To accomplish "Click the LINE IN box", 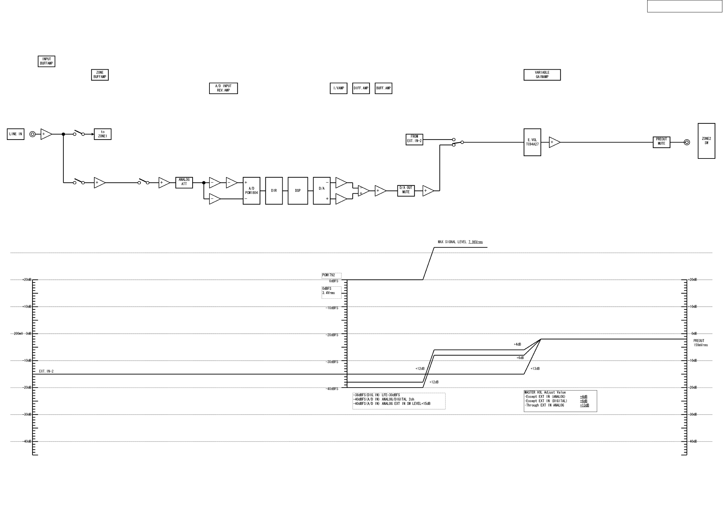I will point(16,134).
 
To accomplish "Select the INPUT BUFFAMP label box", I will point(47,62).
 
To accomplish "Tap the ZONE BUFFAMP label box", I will point(100,75).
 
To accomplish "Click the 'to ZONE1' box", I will point(102,134).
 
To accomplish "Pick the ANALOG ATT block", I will point(184,182).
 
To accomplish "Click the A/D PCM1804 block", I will point(251,191).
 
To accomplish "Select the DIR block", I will point(274,191).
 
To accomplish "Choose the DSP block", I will point(298,191).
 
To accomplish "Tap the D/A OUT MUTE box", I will point(406,190).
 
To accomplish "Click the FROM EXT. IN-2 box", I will point(414,139).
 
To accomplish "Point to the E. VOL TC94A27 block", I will point(532,142).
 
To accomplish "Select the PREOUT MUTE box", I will point(661,142).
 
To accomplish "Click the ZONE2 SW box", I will point(706,141).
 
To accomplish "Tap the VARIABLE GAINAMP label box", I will point(542,75).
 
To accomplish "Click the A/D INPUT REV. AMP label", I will point(223,88).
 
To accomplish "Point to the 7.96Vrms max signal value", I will point(475,242).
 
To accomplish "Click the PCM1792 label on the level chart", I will point(328,275).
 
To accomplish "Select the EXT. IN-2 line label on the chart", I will point(46,371).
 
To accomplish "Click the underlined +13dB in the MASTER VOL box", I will point(584,405).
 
